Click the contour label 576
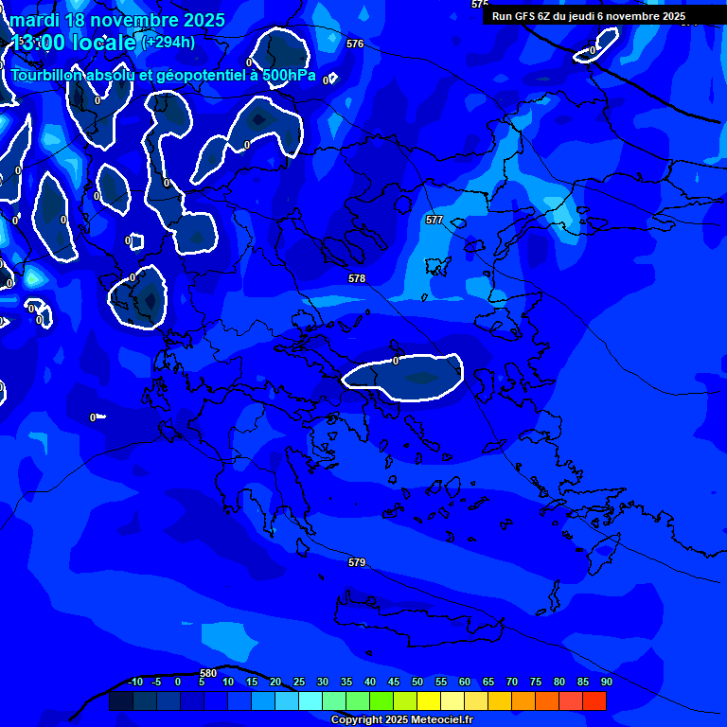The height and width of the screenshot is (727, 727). [355, 44]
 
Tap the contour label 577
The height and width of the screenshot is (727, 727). [434, 220]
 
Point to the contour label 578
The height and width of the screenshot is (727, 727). [357, 279]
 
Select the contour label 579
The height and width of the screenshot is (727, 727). [357, 563]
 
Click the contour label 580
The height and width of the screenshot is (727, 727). [209, 673]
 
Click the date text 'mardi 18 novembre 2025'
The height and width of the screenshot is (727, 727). [117, 20]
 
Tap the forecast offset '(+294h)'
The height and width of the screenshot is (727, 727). [168, 42]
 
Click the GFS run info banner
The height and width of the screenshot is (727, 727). [589, 16]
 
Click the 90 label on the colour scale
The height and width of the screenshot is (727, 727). [606, 682]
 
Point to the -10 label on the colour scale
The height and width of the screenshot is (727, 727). [134, 682]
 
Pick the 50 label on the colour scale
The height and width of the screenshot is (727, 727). [417, 682]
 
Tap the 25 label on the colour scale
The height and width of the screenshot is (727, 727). [299, 682]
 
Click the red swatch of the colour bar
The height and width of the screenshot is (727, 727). [594, 700]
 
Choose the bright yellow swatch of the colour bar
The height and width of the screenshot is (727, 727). [429, 700]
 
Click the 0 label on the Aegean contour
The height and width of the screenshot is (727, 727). [396, 361]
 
